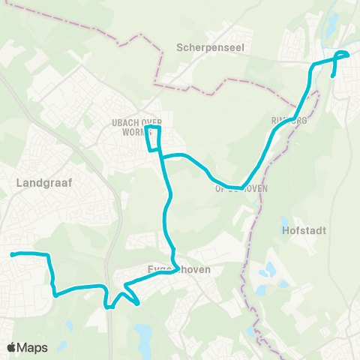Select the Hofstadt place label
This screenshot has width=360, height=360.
coord(304,230)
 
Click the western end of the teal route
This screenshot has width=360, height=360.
coord(12,255)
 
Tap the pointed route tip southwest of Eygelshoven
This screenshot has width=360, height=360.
coord(138,303)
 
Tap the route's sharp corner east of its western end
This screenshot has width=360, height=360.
coord(49,256)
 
